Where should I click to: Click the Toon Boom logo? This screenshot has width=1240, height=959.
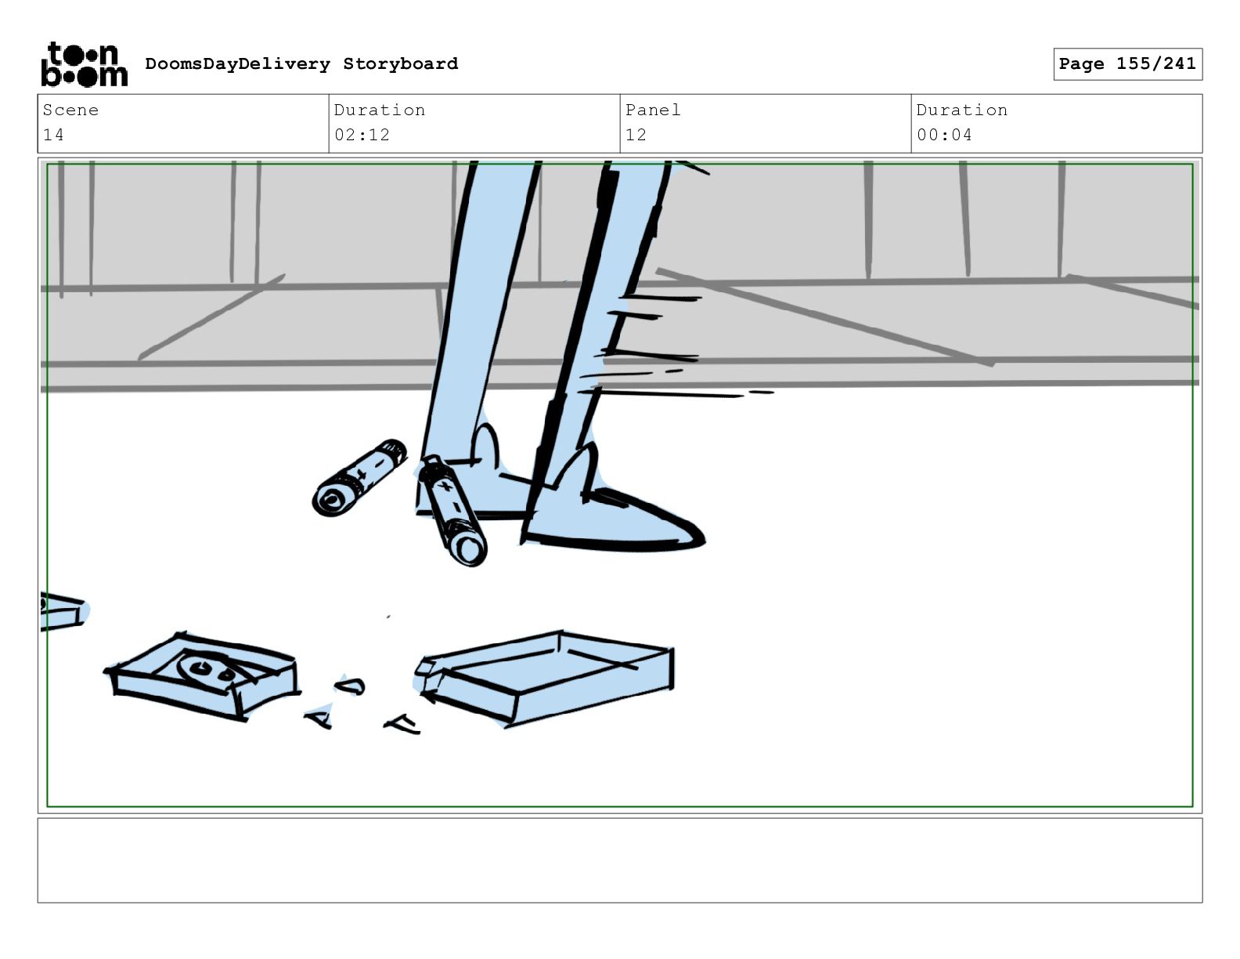[x=85, y=64]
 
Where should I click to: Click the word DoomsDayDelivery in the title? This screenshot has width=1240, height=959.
[x=237, y=63]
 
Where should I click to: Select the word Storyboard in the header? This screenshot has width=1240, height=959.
[x=400, y=63]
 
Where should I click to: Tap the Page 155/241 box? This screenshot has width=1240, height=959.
[x=1127, y=64]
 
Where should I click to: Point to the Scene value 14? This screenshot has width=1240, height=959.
[x=53, y=135]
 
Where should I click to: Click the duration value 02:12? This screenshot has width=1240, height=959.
[x=362, y=135]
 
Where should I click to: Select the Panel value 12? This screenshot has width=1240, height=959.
[x=636, y=135]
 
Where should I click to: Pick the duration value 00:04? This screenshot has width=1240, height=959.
[x=944, y=135]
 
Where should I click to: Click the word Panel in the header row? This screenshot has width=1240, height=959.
[x=653, y=110]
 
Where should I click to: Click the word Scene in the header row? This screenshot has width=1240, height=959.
[x=70, y=110]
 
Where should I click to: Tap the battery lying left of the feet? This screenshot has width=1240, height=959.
[x=359, y=478]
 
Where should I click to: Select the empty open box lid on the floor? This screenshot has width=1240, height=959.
[x=545, y=679]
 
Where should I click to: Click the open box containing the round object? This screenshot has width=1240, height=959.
[x=203, y=675]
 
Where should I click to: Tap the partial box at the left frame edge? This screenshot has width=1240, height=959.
[x=63, y=612]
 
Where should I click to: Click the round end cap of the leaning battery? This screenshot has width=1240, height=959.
[x=468, y=549]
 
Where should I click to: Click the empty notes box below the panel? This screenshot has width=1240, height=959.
[x=620, y=860]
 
